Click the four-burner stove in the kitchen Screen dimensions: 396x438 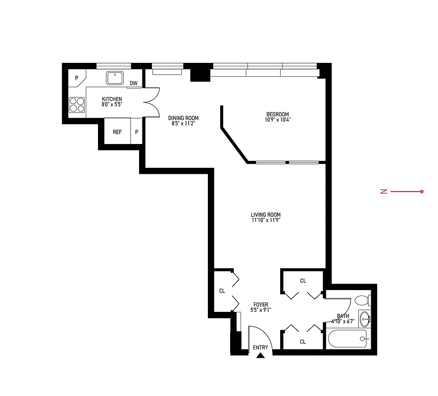click(77, 104)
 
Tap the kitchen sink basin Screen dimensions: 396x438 click(115, 77)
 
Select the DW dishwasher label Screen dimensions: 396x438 click(134, 83)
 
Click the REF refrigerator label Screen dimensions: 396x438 click(117, 132)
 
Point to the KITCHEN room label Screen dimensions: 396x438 click(112, 99)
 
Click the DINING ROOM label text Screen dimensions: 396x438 click(183, 118)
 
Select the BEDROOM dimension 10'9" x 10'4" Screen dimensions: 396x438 click(277, 119)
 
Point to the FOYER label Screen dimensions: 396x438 click(261, 305)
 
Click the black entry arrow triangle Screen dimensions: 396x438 click(261, 354)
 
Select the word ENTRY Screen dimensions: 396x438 click(260, 347)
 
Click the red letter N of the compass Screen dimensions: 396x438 click(383, 192)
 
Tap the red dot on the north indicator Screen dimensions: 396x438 click(422, 192)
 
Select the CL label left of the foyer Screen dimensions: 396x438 click(222, 291)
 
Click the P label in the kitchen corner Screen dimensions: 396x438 click(77, 78)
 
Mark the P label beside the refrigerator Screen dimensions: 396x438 click(137, 132)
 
